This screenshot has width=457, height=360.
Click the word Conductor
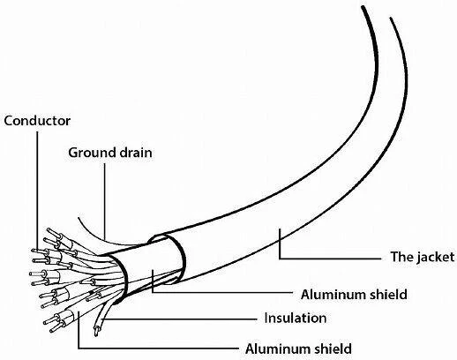[x=37, y=121]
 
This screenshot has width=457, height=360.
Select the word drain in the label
[x=136, y=153]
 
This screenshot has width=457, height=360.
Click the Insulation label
[x=296, y=319]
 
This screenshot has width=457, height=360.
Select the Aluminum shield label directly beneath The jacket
[x=354, y=295]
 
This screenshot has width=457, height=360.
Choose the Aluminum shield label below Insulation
[x=298, y=349]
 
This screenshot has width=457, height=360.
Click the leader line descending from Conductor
[x=37, y=191]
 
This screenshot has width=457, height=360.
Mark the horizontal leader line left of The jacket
[x=330, y=259]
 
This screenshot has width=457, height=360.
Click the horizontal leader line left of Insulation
[x=179, y=319]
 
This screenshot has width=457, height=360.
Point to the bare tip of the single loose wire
[x=96, y=332]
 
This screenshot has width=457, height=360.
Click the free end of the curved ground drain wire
[x=79, y=218]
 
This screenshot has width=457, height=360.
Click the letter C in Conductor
[x=8, y=121]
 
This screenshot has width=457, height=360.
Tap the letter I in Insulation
[x=266, y=319]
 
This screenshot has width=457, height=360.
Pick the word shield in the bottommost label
[x=333, y=349]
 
